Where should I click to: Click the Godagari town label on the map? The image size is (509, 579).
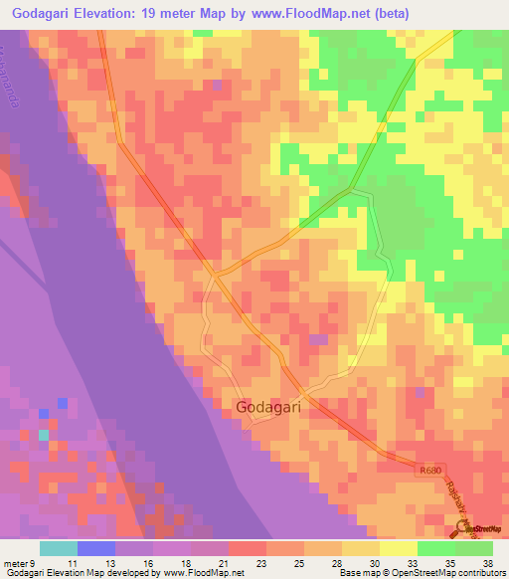(268, 407)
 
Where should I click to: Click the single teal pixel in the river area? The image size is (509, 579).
(43, 435)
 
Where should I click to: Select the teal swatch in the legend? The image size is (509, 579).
(59, 548)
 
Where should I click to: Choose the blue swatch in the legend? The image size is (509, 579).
(96, 548)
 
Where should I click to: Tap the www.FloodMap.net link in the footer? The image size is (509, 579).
(205, 573)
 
